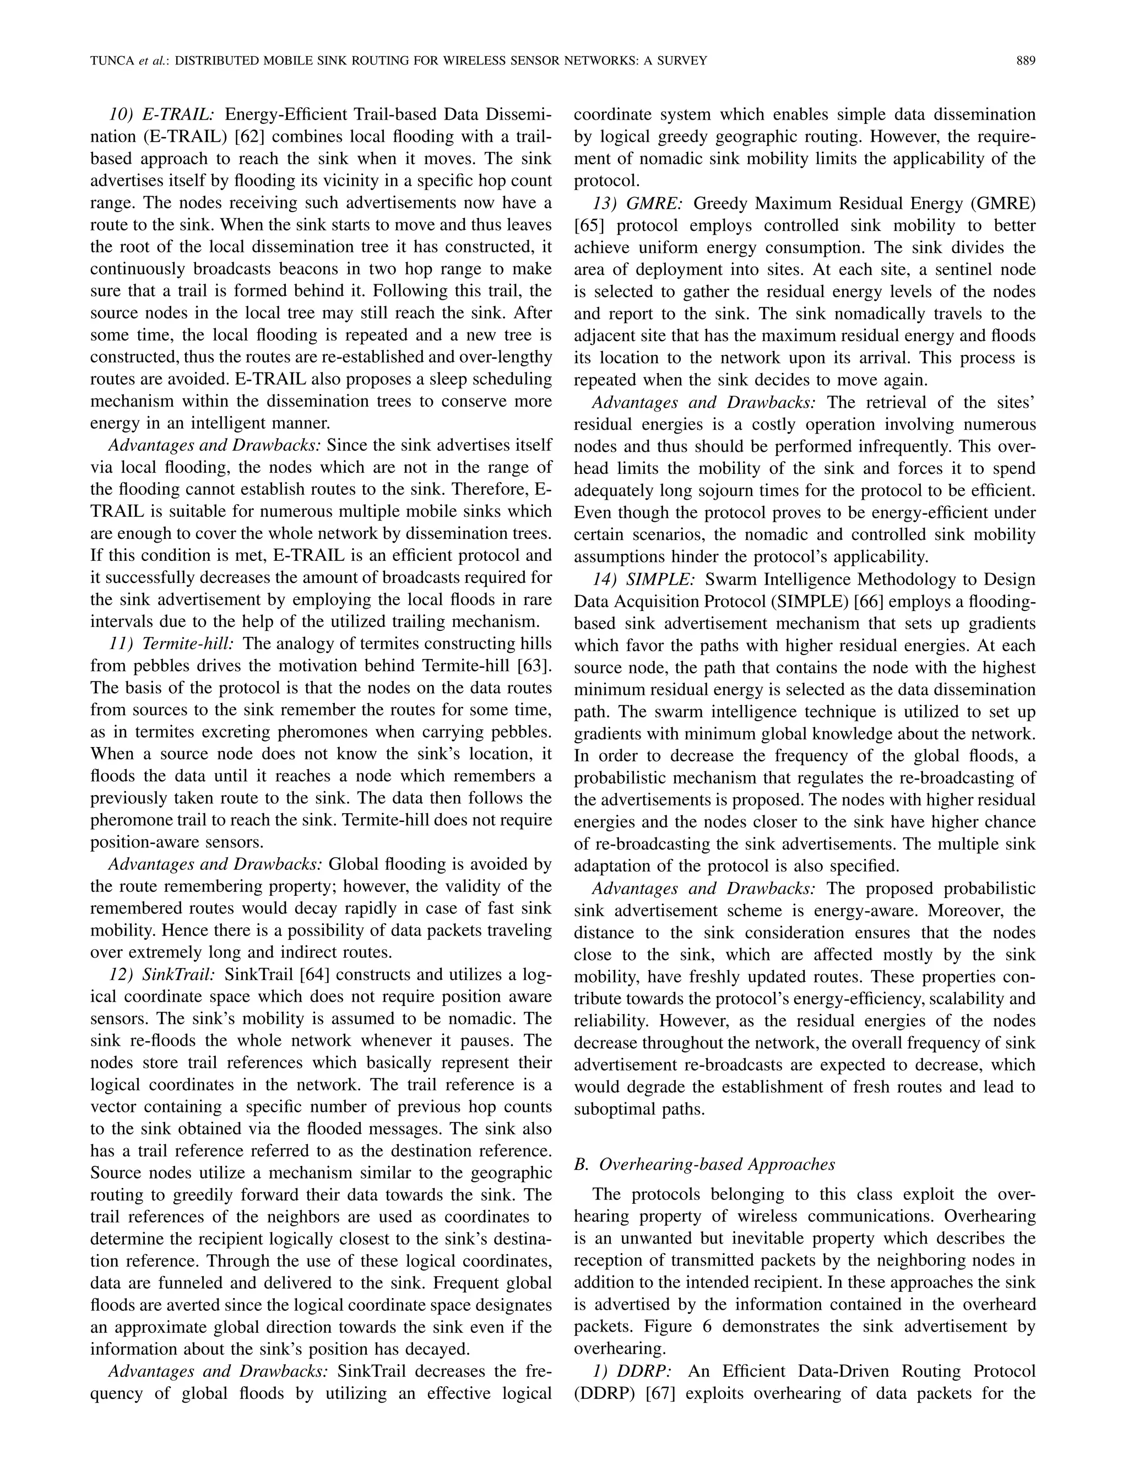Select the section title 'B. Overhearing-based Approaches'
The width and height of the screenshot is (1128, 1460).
704,1164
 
